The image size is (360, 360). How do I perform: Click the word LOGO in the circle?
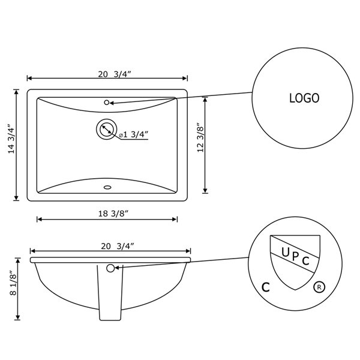pyautogui.click(x=304, y=98)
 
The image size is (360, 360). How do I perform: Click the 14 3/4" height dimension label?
pyautogui.click(x=11, y=139)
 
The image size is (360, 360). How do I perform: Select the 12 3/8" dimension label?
pyautogui.click(x=200, y=138)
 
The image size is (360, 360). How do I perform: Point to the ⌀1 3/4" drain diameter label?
pyautogui.click(x=133, y=135)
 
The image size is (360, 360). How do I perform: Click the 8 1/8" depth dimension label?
pyautogui.click(x=12, y=285)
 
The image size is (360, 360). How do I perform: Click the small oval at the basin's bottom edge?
pyautogui.click(x=107, y=187)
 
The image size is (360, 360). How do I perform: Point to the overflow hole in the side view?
pyautogui.click(x=110, y=268)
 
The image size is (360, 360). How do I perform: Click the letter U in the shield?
pyautogui.click(x=285, y=252)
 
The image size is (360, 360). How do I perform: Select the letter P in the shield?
pyautogui.click(x=295, y=256)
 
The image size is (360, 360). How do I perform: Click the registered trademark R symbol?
pyautogui.click(x=318, y=287)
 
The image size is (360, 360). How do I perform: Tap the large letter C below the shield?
pyautogui.click(x=265, y=287)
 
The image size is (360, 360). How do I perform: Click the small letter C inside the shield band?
pyautogui.click(x=305, y=261)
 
